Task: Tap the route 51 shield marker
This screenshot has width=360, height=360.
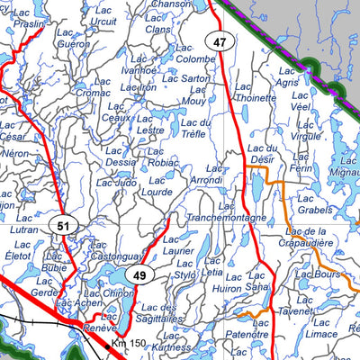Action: [x=61, y=227]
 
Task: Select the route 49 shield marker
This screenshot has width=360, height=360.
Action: [x=138, y=275]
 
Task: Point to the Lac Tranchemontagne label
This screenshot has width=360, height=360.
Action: [x=226, y=211]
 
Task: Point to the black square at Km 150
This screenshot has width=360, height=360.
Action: [x=107, y=343]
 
